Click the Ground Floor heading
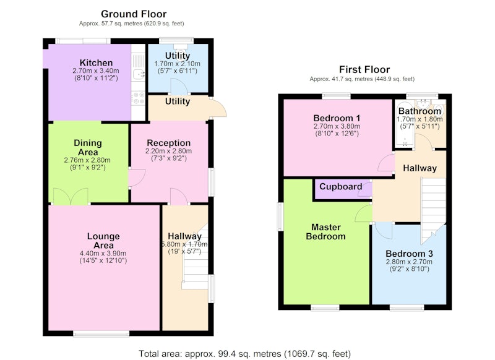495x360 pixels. point(134,14)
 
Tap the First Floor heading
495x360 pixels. point(364,69)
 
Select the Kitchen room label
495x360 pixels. point(96,63)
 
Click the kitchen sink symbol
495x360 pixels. point(139,74)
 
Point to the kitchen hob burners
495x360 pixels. point(138,98)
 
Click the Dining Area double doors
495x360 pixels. point(71,197)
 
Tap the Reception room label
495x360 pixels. point(168,143)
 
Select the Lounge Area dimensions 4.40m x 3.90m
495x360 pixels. point(103,254)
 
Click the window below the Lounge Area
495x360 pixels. point(101,334)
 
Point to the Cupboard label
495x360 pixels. point(341,186)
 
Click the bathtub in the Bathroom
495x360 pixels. point(405,124)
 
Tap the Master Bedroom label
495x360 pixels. point(326,232)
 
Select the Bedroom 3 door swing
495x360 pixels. point(384,231)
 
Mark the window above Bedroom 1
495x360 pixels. point(336,95)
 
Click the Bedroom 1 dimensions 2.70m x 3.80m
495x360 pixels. point(337,127)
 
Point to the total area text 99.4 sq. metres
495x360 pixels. point(249,354)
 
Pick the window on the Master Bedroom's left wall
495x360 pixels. point(280,216)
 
